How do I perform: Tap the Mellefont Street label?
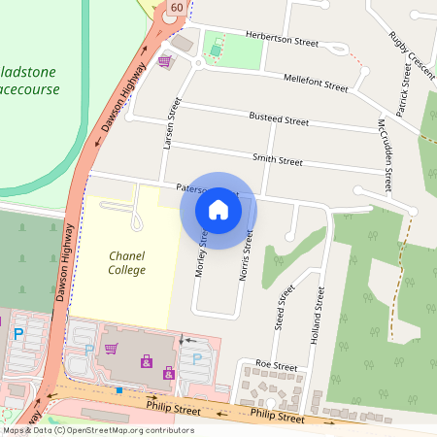pos(315,83)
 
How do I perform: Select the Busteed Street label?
pos(279,120)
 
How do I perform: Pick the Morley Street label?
pos(202,254)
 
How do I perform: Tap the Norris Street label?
pos(247,255)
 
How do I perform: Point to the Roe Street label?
pos(275,365)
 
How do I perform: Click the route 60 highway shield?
pos(175,8)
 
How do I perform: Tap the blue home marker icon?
pos(218,210)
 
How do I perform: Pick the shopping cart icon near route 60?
pos(164,60)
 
